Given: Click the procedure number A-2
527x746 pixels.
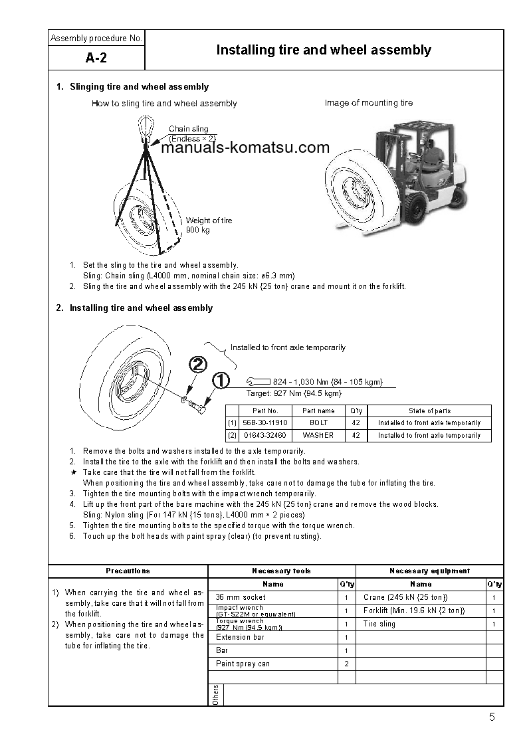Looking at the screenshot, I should [x=96, y=58].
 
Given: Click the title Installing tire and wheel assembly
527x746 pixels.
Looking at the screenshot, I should [x=324, y=50].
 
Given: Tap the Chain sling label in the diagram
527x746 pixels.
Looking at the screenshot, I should [x=188, y=129].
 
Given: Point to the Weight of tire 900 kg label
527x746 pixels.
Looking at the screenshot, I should [x=209, y=225].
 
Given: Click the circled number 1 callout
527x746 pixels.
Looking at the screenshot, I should [x=220, y=381].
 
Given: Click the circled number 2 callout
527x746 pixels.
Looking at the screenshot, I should [x=197, y=364].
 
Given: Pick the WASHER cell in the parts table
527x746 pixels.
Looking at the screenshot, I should [x=318, y=436].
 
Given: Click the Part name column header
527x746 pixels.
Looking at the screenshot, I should [x=318, y=411].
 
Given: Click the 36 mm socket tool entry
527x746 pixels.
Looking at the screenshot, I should [x=241, y=597].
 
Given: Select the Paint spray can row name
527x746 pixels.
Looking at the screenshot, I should [x=243, y=664].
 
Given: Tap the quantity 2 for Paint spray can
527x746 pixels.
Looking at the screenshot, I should [x=346, y=664].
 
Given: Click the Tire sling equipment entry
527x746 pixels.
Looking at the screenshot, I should [x=379, y=624].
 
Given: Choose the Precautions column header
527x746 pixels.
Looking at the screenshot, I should [x=128, y=571].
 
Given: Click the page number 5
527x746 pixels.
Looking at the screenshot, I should [x=491, y=717].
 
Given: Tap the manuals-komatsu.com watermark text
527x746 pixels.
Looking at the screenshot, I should [x=245, y=148].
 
